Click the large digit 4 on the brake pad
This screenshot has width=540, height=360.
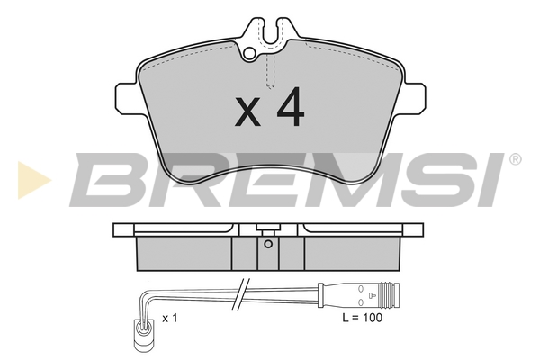click(x=290, y=107)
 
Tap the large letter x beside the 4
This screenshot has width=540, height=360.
click(x=247, y=112)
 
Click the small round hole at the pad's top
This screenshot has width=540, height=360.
click(x=249, y=53)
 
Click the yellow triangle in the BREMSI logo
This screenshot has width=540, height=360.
click(x=33, y=180)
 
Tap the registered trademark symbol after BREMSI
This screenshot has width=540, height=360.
click(x=515, y=159)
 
